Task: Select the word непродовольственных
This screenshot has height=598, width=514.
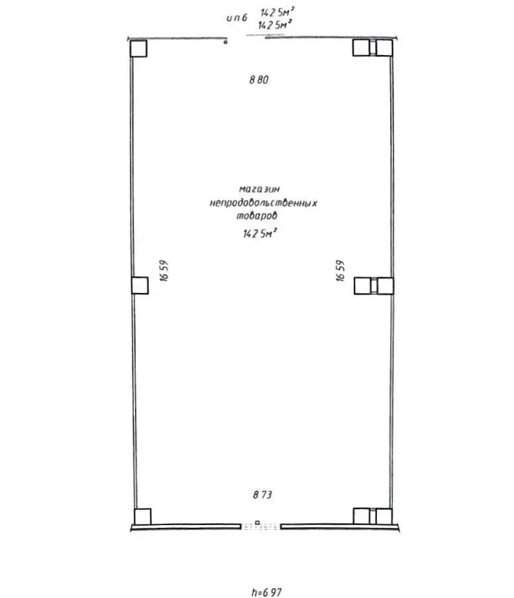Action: click(x=263, y=203)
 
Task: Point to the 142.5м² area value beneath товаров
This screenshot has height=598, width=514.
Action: click(x=260, y=233)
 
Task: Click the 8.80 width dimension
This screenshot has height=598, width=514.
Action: click(x=261, y=80)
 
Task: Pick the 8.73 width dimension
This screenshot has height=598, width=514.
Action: click(x=262, y=494)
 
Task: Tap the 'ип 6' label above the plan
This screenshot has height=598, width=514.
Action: click(x=236, y=18)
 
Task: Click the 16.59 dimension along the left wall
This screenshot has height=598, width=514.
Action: click(x=165, y=270)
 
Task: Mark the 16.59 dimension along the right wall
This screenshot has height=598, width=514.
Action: click(x=340, y=270)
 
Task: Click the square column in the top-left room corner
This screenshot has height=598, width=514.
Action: click(x=138, y=48)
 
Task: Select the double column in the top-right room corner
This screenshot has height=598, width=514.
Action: click(x=372, y=48)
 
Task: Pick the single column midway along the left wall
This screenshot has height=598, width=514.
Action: click(x=140, y=285)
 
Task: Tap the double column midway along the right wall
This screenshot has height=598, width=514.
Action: click(x=374, y=285)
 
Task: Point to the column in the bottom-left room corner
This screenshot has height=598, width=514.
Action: click(x=142, y=516)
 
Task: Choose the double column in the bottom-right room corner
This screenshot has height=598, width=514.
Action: click(x=373, y=516)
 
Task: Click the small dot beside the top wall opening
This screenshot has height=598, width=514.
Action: click(x=225, y=42)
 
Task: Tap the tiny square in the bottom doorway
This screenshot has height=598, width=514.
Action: click(x=257, y=522)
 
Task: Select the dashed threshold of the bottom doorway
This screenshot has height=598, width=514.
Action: click(x=260, y=527)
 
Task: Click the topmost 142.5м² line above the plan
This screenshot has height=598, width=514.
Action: click(x=276, y=12)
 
